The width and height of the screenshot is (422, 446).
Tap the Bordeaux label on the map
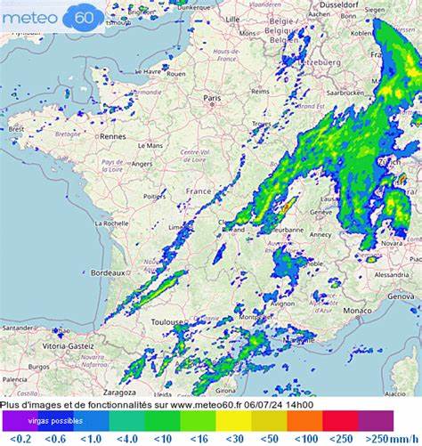pyautogui.click(x=106, y=272)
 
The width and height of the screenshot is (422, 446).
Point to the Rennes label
pyautogui.click(x=113, y=136)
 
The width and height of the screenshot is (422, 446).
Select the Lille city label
pyautogui.click(x=233, y=18)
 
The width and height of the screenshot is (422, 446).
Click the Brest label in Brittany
pyautogui.click(x=17, y=128)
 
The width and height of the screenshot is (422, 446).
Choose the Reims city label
pyautogui.click(x=260, y=91)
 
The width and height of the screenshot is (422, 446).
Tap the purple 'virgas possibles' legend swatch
pyautogui.click(x=55, y=420)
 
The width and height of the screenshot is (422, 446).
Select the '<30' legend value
pyautogui.click(x=235, y=438)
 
